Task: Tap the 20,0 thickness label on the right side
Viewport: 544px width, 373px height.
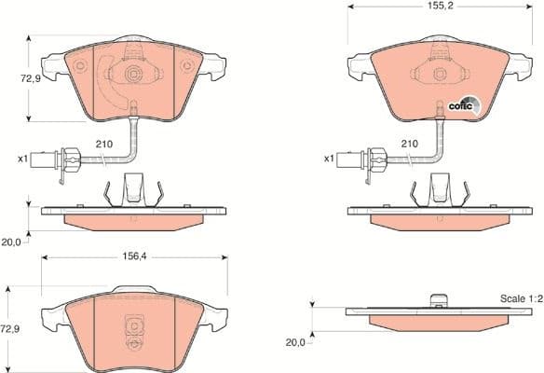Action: pos(295,342)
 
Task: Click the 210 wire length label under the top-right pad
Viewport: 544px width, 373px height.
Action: pos(408,145)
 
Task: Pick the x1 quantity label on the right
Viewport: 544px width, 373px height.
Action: pos(329,159)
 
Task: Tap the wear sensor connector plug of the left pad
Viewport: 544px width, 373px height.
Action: pos(66,159)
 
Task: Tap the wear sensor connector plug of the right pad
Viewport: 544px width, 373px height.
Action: pos(373,159)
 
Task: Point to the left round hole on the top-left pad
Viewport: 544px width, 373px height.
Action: pos(79,66)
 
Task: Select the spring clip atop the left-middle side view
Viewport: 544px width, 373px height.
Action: pos(134,189)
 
